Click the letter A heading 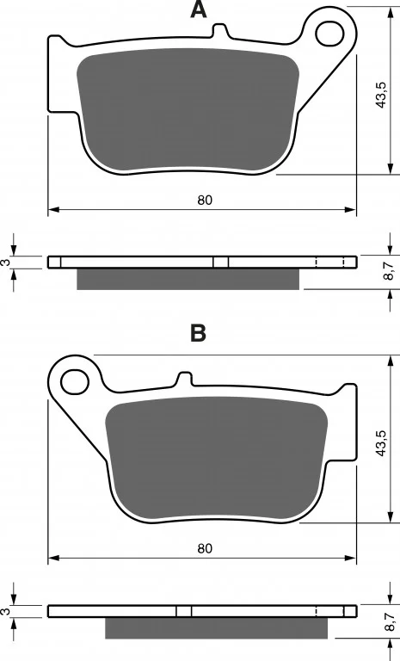tap(199, 9)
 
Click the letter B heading tap(199, 333)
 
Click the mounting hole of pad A tap(329, 34)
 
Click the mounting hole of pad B tap(75, 382)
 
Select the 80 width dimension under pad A tap(205, 201)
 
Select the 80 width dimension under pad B tap(205, 548)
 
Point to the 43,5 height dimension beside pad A tap(380, 95)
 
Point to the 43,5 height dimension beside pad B tap(380, 443)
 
